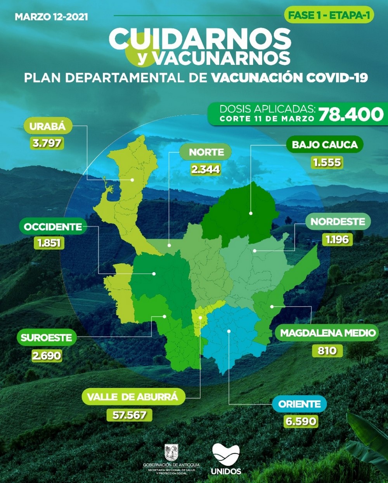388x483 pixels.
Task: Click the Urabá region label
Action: click(48, 126)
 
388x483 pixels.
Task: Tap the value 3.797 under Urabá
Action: click(47, 143)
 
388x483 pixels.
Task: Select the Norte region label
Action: click(206, 152)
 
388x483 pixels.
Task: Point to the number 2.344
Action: click(206, 169)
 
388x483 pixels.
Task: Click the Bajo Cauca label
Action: click(324, 145)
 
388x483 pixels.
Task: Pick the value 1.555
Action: click(327, 162)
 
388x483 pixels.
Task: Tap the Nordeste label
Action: click(338, 222)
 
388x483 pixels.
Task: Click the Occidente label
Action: click(53, 227)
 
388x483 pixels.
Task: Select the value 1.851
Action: click(49, 243)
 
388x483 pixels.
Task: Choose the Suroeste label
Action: click(47, 338)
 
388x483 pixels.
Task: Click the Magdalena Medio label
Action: click(328, 333)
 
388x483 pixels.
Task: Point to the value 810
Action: click(327, 350)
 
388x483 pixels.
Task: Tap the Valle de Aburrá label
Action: click(133, 397)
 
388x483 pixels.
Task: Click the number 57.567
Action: click(129, 415)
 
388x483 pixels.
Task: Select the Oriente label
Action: click(300, 404)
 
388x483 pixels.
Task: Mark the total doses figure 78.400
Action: click(351, 114)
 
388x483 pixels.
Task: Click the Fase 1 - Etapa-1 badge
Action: click(329, 16)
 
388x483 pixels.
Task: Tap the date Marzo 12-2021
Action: click(51, 17)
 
